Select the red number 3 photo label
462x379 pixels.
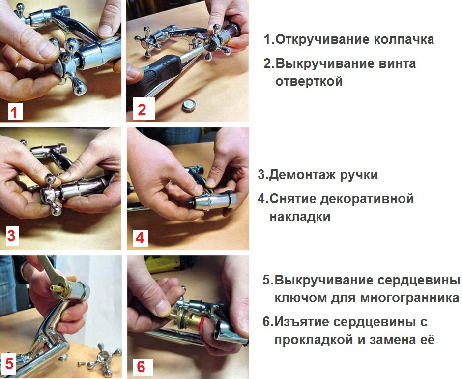[x=11, y=235]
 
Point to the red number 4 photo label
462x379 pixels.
[x=140, y=238]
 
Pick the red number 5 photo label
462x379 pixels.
[x=9, y=364]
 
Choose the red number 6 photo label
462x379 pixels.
[x=141, y=366]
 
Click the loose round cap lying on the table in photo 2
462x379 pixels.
[x=189, y=105]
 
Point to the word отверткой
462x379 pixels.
[x=309, y=81]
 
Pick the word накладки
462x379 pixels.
[x=300, y=217]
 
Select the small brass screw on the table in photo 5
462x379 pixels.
[x=81, y=364]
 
